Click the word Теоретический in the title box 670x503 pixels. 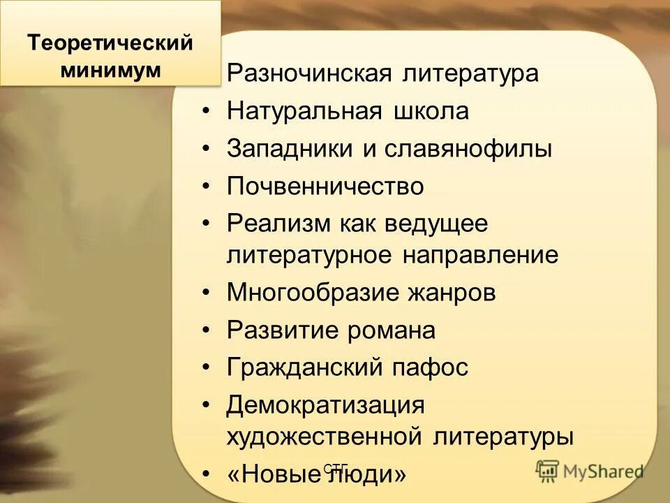tap(110, 43)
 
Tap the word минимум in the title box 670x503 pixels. tap(110, 70)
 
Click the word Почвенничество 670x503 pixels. tap(325, 187)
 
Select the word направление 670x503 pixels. tap(480, 255)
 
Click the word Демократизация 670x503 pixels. tap(325, 405)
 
